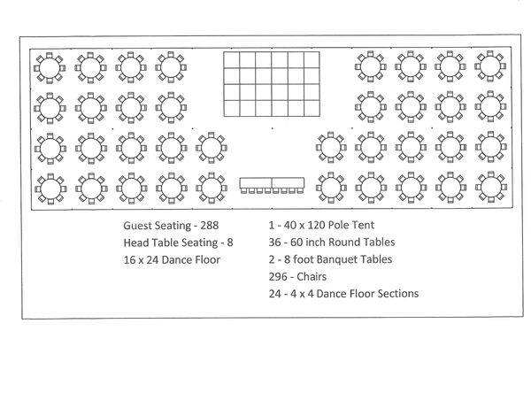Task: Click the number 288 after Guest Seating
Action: coord(209,226)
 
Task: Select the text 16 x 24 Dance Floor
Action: coord(172,260)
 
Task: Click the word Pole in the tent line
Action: coord(339,225)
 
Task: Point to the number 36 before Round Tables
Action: coord(274,243)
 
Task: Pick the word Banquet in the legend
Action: coord(346,259)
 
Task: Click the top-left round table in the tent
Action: coord(50,68)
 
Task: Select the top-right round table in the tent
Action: coord(490,66)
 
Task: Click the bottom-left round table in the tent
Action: coord(50,189)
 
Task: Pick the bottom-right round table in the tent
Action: coord(490,187)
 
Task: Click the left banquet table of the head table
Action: coord(256,183)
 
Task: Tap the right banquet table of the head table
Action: coord(288,183)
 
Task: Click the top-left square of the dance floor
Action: coord(232,60)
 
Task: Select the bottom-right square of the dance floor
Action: coord(312,108)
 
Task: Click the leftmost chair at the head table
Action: coord(244,191)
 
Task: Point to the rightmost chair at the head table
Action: coord(300,191)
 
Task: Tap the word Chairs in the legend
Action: coord(312,276)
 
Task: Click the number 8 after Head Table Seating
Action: coord(230,243)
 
